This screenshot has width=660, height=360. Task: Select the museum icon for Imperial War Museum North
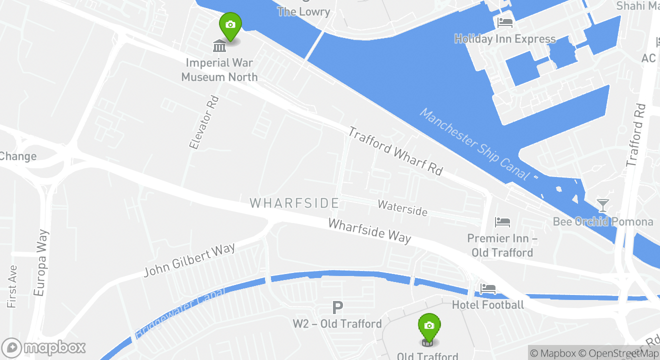(219, 46)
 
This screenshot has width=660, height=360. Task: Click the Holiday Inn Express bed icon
(504, 22)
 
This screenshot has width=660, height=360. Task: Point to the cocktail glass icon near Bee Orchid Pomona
(603, 205)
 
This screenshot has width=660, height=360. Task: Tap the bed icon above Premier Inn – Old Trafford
(502, 221)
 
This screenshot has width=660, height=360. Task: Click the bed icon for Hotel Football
(487, 288)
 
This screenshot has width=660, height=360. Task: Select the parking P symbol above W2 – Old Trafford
(338, 307)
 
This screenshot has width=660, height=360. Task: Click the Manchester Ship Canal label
(474, 144)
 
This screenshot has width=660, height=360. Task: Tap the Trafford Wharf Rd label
(395, 150)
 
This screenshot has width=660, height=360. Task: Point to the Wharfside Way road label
(369, 230)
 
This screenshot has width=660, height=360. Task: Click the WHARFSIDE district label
(294, 203)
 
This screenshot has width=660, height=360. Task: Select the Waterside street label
(402, 207)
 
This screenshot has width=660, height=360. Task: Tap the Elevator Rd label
(204, 122)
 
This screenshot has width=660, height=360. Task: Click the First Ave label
(12, 286)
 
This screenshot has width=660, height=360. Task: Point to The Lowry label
(304, 11)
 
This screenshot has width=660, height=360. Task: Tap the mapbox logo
(43, 347)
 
